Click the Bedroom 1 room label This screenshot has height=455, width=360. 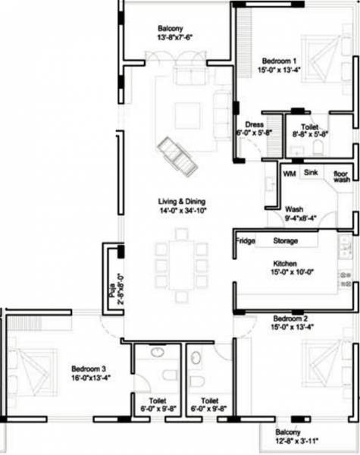(x=280, y=60)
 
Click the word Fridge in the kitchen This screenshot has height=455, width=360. (x=245, y=241)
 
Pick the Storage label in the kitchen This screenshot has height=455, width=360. (x=285, y=241)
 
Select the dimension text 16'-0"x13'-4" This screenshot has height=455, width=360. (x=87, y=377)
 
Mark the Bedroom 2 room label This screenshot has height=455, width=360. (x=289, y=318)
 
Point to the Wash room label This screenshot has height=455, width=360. (x=294, y=209)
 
